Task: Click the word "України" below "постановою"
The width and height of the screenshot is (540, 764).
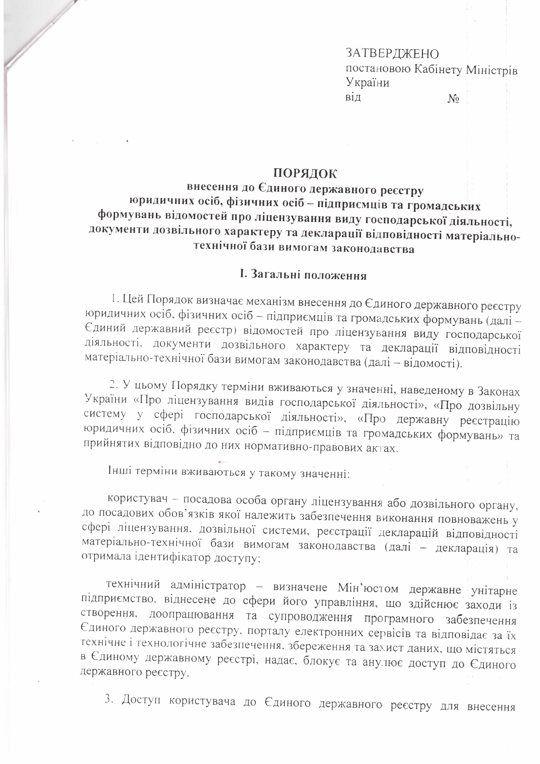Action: coord(367,82)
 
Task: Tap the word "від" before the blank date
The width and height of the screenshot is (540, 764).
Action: coord(353,98)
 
